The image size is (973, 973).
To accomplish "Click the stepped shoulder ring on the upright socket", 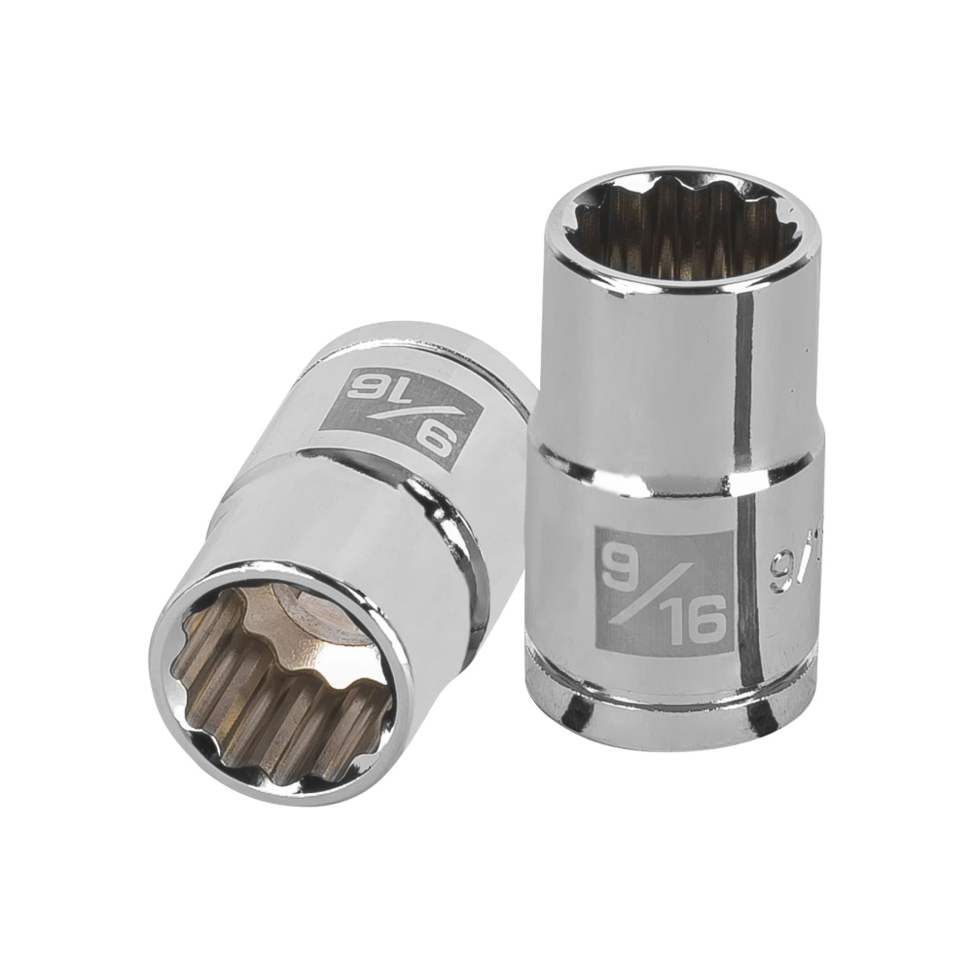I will (671, 467).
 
